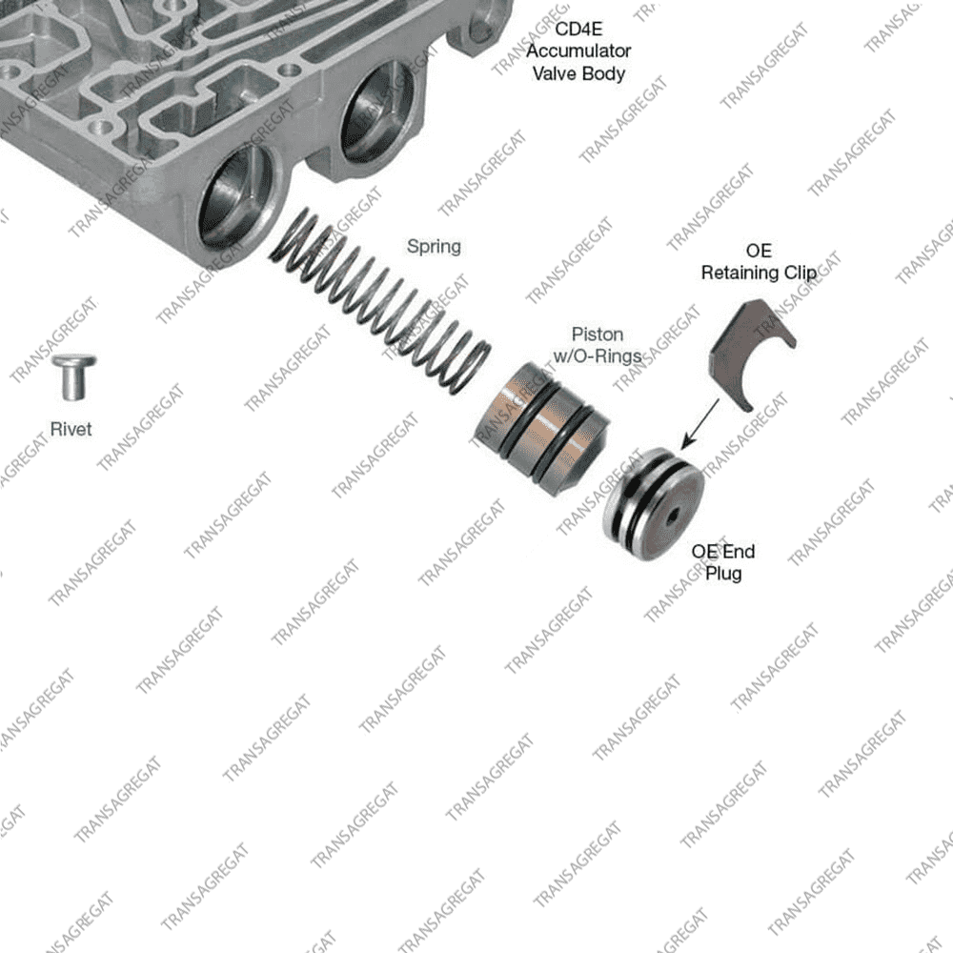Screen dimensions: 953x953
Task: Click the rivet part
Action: pos(73,377)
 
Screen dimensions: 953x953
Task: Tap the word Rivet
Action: pos(71,429)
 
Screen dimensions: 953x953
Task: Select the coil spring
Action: pos(380,303)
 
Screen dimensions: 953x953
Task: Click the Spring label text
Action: pos(434,247)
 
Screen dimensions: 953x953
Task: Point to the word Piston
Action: pos(598,335)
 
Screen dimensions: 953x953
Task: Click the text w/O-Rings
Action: pos(598,355)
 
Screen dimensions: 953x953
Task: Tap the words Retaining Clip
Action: pos(759,273)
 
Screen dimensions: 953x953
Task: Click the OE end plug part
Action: pos(653,504)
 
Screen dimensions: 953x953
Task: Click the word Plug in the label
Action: pos(723,574)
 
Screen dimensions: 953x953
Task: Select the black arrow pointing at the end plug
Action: pos(700,424)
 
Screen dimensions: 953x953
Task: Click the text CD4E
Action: pos(578,29)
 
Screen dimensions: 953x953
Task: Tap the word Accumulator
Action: pos(578,51)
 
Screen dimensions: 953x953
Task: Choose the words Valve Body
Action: pos(578,73)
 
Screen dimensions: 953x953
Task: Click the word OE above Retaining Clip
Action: pos(759,251)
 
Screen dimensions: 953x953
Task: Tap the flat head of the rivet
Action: pos(73,361)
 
